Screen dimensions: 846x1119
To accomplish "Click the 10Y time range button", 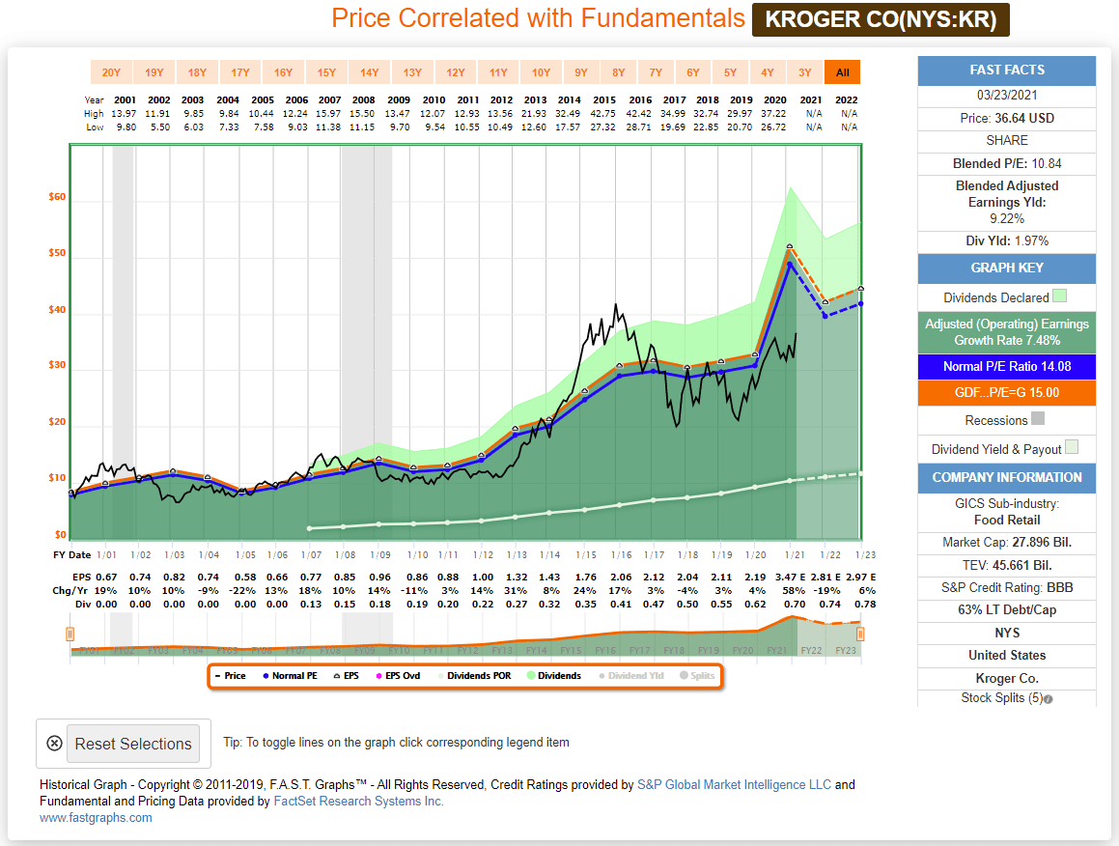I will tap(541, 71).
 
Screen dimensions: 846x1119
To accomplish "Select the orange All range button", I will tap(842, 71).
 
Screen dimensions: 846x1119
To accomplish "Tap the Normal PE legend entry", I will tap(289, 676).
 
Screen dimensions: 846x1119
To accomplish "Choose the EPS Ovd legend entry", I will tap(399, 676).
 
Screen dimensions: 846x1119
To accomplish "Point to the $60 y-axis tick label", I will tap(57, 197).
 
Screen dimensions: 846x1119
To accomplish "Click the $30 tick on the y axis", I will tap(57, 365).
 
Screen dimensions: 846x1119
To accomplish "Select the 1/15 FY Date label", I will tap(585, 554).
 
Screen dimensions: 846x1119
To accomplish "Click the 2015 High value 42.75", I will tap(605, 114).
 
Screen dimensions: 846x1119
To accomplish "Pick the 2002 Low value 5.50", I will tap(159, 127).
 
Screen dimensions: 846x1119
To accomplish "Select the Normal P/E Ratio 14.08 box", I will tap(1006, 367).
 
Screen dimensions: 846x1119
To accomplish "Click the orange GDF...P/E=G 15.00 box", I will tap(1006, 392).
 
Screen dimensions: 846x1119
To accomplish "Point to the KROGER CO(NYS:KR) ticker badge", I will tap(881, 19).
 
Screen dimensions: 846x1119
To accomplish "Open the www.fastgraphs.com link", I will tap(96, 818).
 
